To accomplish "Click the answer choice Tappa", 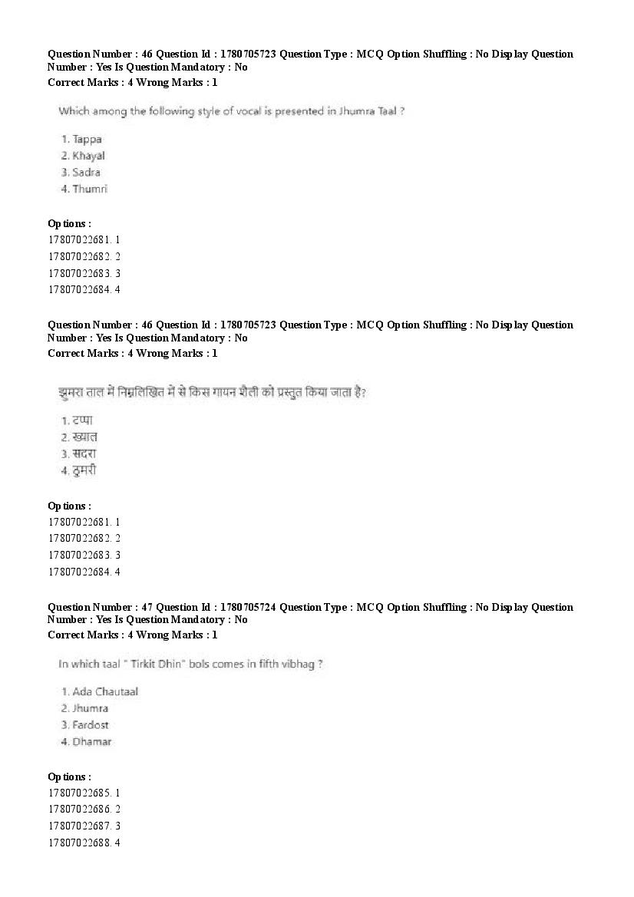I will tap(87, 139).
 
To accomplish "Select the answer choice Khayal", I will tap(88, 156).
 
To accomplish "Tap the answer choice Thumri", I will tap(89, 189).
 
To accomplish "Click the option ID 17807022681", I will tap(78, 239).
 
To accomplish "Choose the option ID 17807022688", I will tap(78, 843).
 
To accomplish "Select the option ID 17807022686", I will tap(78, 809).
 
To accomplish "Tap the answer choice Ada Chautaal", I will tap(104, 691).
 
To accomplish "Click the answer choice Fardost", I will tap(90, 725).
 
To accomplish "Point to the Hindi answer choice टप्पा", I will tap(82, 420).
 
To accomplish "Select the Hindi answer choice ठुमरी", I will tap(84, 470).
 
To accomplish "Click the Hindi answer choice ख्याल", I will tap(84, 437).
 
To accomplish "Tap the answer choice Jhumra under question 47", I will tap(90, 708).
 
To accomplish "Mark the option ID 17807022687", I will tap(78, 826).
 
